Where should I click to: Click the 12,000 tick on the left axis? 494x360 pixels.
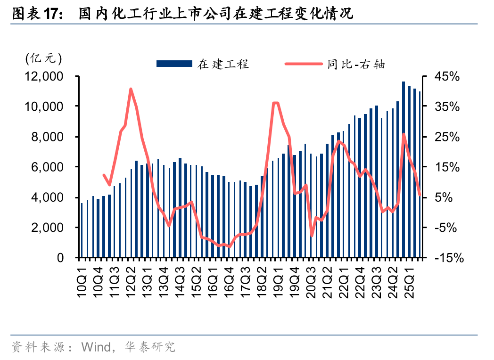pos(45,76)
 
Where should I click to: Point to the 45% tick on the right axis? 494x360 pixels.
pos(446,76)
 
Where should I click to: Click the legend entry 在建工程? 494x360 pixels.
pos(223,64)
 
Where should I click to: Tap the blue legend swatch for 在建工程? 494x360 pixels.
pos(174,64)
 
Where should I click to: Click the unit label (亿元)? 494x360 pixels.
pos(43,58)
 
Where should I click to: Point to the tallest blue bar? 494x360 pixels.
pos(403,170)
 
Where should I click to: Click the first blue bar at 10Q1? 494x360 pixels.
pos(82,230)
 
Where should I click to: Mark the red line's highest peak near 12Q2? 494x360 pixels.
pos(131,89)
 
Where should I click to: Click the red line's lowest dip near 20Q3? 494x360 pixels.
pos(312,235)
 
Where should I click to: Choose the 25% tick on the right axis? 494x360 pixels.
pos(446,137)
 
